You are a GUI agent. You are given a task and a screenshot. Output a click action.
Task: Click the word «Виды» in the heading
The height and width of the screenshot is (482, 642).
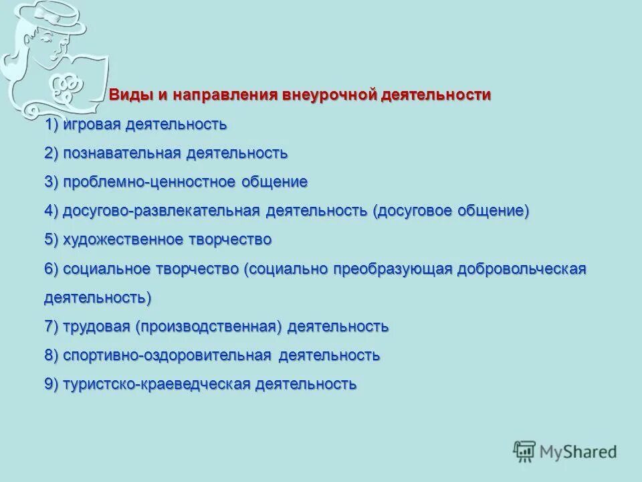click(x=131, y=95)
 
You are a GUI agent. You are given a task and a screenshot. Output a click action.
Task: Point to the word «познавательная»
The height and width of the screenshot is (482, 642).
click(x=122, y=153)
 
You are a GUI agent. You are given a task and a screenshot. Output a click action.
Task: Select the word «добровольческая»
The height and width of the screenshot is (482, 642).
click(x=522, y=268)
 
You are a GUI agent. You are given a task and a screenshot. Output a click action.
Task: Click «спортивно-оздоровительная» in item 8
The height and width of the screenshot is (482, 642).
click(x=167, y=355)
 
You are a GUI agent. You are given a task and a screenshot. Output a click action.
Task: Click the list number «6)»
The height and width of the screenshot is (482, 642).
click(x=52, y=268)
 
